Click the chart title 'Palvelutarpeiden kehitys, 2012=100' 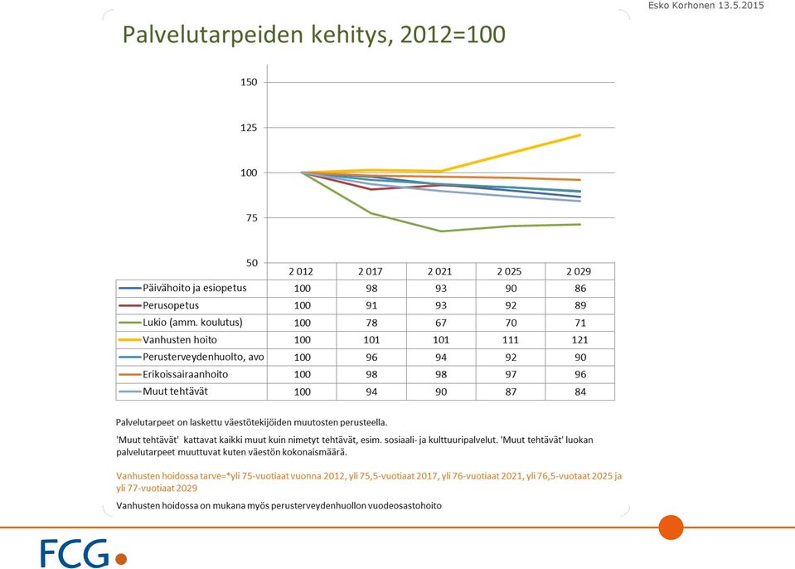pyautogui.click(x=314, y=35)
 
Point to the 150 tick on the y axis pyautogui.click(x=249, y=82)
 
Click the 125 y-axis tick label pyautogui.click(x=249, y=128)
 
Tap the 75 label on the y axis pyautogui.click(x=251, y=218)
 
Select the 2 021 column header pyautogui.click(x=439, y=271)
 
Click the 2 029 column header pyautogui.click(x=579, y=271)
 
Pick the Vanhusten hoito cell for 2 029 pyautogui.click(x=580, y=340)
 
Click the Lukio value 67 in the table pyautogui.click(x=441, y=323)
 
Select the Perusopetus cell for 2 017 pyautogui.click(x=371, y=305)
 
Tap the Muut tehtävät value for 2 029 pyautogui.click(x=580, y=391)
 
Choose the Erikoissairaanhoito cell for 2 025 pyautogui.click(x=511, y=374)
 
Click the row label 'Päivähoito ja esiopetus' pyautogui.click(x=195, y=288)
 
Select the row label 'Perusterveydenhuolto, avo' pyautogui.click(x=203, y=357)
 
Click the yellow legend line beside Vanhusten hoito pyautogui.click(x=130, y=340)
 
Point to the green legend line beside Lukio pyautogui.click(x=130, y=323)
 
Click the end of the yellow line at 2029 pyautogui.click(x=580, y=135)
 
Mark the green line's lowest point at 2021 pyautogui.click(x=440, y=231)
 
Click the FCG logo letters pyautogui.click(x=75, y=553)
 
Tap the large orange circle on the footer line pyautogui.click(x=671, y=528)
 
